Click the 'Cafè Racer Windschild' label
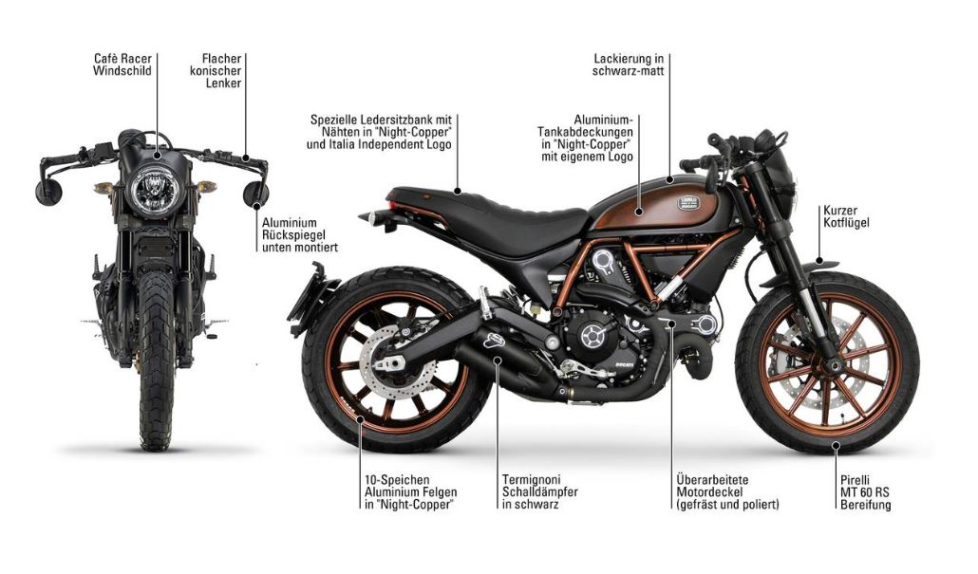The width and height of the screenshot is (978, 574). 122,65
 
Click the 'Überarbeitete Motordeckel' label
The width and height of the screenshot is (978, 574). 727,491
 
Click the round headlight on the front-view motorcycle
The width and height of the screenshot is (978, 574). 151,188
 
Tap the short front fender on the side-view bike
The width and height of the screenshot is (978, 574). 822,265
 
